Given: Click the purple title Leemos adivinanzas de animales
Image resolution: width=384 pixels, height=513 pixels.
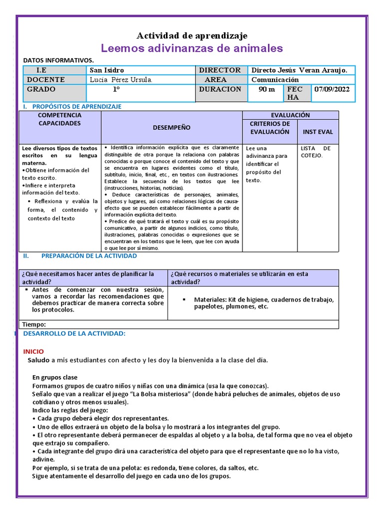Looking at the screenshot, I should pos(192,48).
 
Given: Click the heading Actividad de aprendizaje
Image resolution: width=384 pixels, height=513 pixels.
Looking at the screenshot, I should pos(192,36).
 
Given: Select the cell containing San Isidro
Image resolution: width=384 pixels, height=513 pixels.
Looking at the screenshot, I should pos(106,70).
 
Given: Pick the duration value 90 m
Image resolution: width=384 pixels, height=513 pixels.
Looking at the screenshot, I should pos(266,89).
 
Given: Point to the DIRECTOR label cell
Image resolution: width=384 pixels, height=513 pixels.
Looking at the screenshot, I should pos(219,70).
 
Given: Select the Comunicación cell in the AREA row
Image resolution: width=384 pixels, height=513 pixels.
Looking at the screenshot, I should pos(275,80).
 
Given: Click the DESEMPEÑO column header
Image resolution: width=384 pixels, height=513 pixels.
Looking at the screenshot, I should pos(171,128).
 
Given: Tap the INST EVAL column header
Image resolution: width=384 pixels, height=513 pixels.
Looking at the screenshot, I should pos(317,132).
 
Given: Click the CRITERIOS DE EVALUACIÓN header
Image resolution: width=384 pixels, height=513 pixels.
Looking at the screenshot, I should pos(270,128).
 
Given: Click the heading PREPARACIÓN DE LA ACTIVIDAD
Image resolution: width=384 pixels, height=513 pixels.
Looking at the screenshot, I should pos(89,255).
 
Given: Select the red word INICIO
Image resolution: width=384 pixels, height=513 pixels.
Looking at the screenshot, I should pos(33,352).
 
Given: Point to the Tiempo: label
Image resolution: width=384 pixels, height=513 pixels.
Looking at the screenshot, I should pos(34,324).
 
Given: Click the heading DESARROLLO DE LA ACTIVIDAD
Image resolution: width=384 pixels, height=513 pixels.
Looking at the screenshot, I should pos(74,333).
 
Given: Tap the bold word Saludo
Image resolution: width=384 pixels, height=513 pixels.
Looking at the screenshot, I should pos(38,360).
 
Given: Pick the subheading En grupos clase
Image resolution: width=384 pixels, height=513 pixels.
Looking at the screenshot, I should pos(55,377).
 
